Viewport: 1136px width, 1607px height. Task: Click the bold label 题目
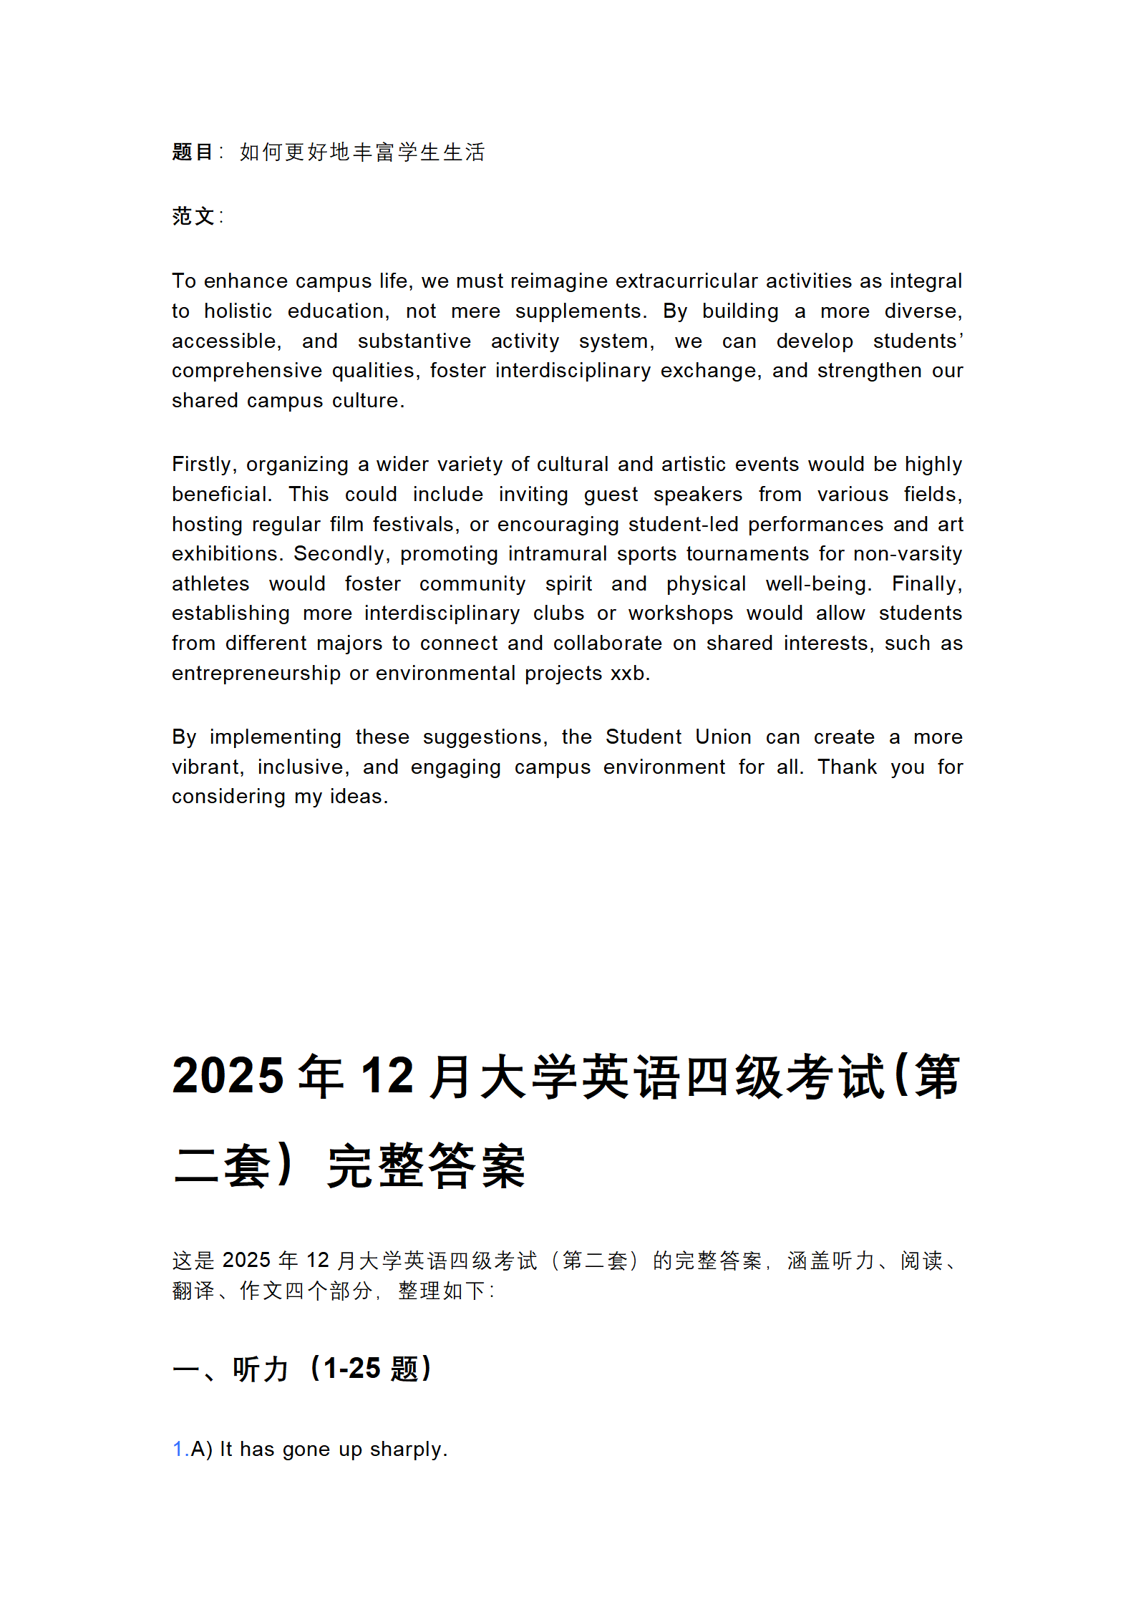pos(192,152)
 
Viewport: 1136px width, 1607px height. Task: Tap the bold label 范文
pos(193,215)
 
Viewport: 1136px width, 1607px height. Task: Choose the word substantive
pos(414,341)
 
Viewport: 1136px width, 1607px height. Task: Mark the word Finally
pos(926,584)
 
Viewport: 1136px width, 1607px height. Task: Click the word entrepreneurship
pos(256,674)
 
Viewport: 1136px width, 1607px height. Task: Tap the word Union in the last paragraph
pos(723,737)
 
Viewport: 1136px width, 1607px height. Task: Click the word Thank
pos(847,767)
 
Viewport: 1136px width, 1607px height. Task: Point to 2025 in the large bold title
pos(228,1076)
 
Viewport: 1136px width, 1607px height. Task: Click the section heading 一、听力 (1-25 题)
pos(301,1369)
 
